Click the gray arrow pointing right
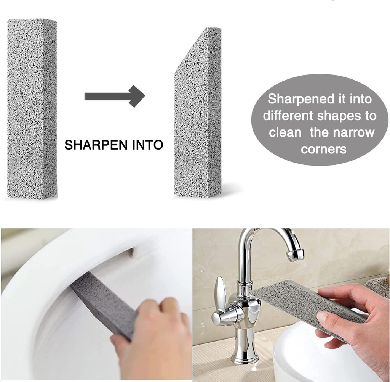point(114,96)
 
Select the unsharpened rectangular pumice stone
point(32,109)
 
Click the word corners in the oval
point(323,149)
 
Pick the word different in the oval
point(288,116)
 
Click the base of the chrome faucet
point(245,357)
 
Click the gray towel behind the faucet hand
point(377,286)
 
